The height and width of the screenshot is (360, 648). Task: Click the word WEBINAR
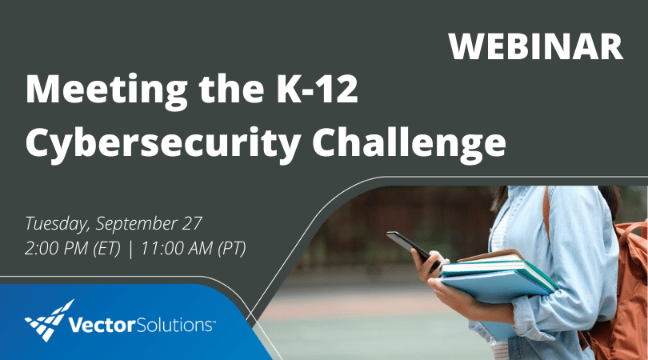pos(535,46)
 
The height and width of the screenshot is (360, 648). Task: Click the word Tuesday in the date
pos(54,222)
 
